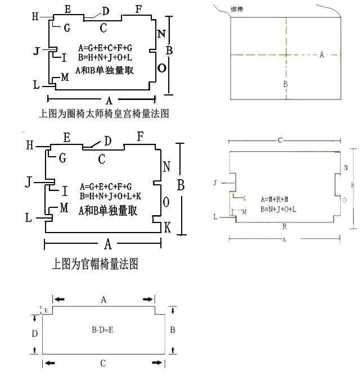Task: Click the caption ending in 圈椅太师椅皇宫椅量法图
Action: (104, 113)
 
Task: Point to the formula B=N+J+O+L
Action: (279, 208)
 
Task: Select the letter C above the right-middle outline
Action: (279, 140)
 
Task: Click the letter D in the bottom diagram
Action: (35, 333)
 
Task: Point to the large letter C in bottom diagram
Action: (102, 364)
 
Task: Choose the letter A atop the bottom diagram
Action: (103, 300)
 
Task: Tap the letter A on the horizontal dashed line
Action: (322, 54)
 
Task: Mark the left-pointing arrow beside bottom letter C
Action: (51, 364)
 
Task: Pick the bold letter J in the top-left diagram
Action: (37, 52)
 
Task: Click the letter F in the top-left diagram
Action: (139, 9)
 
